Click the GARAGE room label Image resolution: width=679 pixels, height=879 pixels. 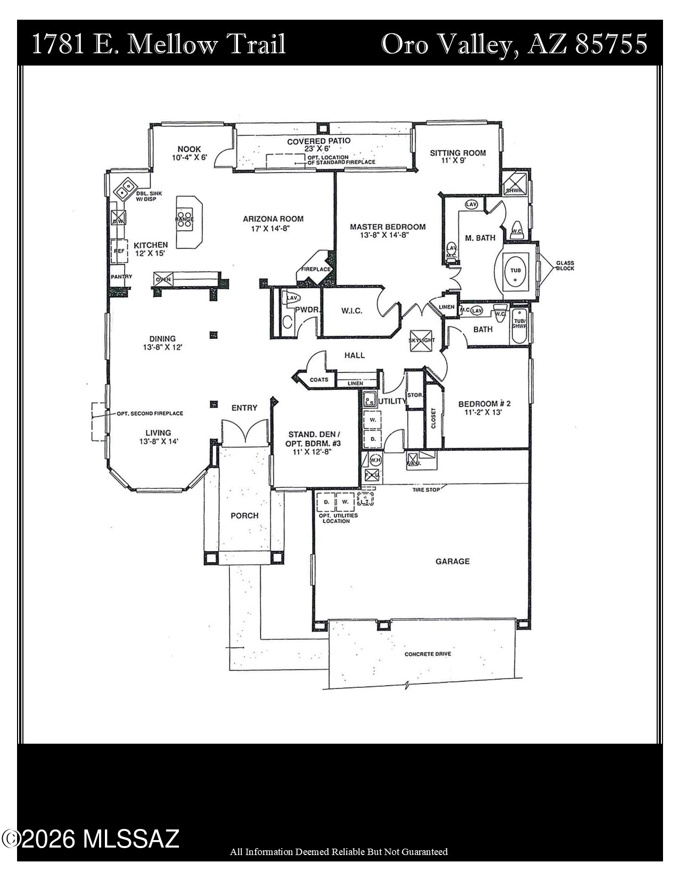pos(453,561)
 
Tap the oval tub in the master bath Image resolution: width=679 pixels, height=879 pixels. pos(516,271)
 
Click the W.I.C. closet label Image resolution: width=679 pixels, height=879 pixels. pos(351,311)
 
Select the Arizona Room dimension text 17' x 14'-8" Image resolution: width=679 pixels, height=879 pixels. pos(273,229)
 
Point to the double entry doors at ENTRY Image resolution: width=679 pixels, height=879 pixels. pos(244,432)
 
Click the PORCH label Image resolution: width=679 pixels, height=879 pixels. pos(244,516)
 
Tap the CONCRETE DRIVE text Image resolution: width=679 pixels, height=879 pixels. pos(428,654)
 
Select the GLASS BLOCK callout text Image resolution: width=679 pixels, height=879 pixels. pos(565,265)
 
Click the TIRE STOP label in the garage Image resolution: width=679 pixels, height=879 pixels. pos(427,490)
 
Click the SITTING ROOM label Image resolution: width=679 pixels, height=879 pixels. pos(458,153)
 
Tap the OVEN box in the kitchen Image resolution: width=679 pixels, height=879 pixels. pos(163,279)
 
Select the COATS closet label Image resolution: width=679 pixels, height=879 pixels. pos(319,380)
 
